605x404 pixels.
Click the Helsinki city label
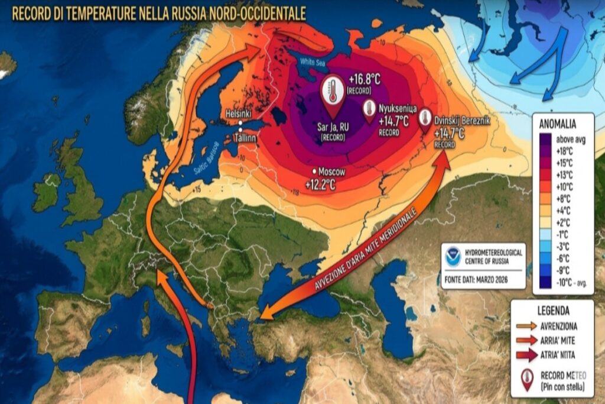pyautogui.click(x=239, y=114)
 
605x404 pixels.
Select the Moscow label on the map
pyautogui.click(x=331, y=171)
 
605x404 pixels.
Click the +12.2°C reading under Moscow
pyautogui.click(x=320, y=185)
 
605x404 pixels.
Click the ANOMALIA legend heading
pyautogui.click(x=558, y=124)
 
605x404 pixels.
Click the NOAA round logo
pyautogui.click(x=454, y=255)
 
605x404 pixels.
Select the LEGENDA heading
pyautogui.click(x=553, y=311)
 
